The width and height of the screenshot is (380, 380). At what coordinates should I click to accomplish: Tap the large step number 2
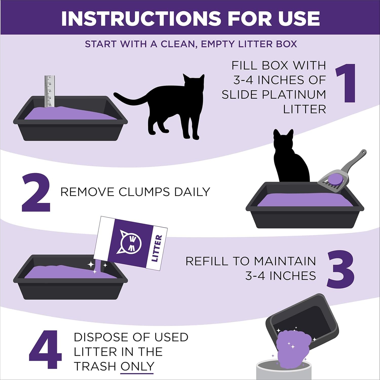pyautogui.click(x=36, y=193)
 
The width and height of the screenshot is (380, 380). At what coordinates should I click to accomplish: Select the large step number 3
pyautogui.click(x=340, y=269)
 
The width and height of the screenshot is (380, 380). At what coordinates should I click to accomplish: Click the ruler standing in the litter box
pyautogui.click(x=50, y=91)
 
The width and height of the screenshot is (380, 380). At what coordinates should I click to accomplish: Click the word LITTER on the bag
pyautogui.click(x=156, y=248)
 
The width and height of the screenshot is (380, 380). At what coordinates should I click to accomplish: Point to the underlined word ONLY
pyautogui.click(x=137, y=366)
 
